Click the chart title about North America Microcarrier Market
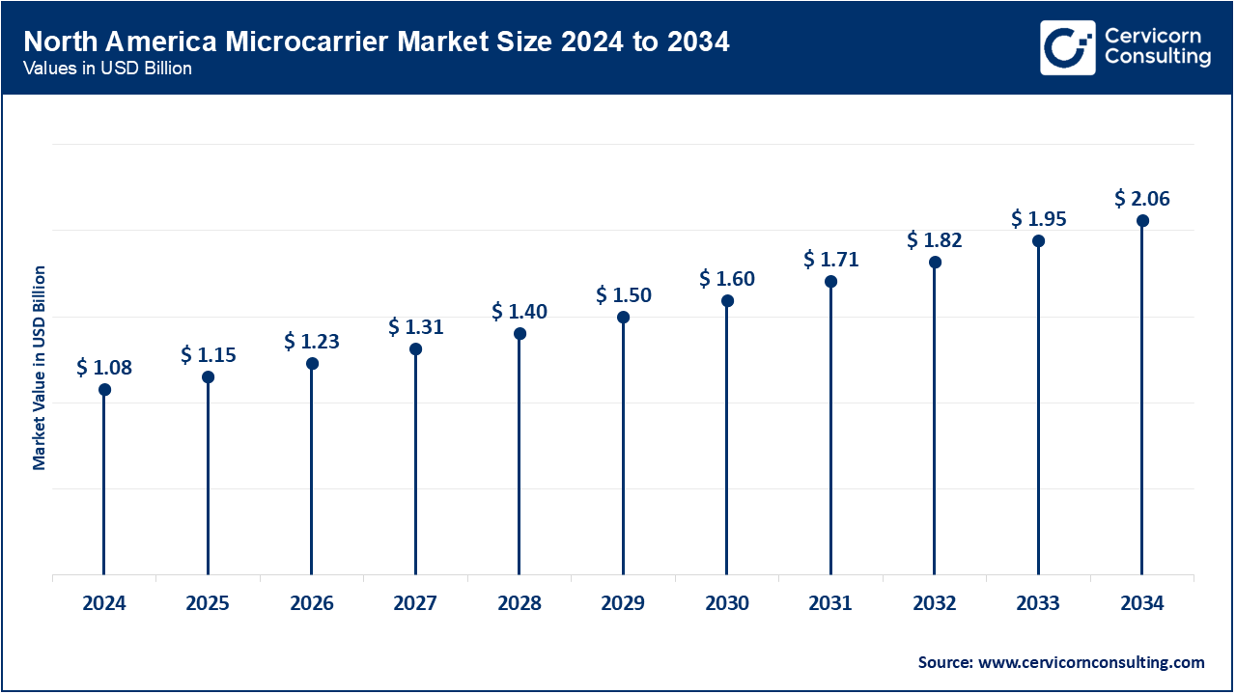click(x=377, y=42)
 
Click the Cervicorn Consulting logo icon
click(x=1067, y=47)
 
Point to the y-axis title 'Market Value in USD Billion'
click(x=40, y=368)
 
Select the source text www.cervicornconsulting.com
click(x=1061, y=662)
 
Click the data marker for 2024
click(x=104, y=390)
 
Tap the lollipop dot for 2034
click(x=1142, y=221)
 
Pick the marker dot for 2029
click(x=623, y=318)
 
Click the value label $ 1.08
click(x=104, y=368)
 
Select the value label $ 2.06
click(x=1142, y=199)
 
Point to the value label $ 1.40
click(x=520, y=312)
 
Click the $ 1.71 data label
click(x=830, y=260)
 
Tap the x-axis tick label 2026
click(x=312, y=604)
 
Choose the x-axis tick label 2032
click(x=935, y=604)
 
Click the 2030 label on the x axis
click(x=727, y=604)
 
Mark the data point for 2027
click(x=415, y=349)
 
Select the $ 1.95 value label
click(x=1038, y=219)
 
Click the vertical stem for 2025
click(x=208, y=478)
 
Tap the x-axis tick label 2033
click(x=1038, y=604)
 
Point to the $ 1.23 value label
click(x=312, y=342)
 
